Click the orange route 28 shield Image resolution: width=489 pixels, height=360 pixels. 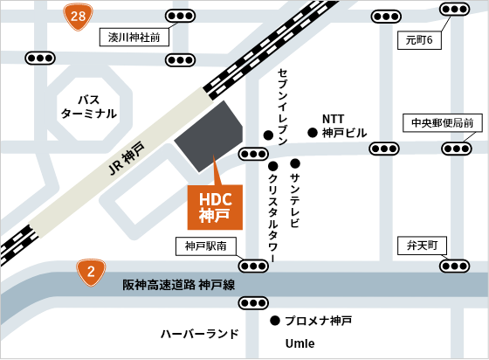(78, 16)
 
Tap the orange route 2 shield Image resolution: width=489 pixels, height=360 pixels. (91, 272)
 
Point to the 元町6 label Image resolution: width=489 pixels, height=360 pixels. (420, 40)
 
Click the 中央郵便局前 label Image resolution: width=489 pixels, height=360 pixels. (443, 123)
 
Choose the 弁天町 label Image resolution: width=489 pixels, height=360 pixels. (422, 246)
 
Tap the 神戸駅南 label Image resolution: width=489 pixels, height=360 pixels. (205, 246)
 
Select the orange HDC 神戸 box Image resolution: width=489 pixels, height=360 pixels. (215, 207)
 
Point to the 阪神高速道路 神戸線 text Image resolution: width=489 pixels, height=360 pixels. (178, 285)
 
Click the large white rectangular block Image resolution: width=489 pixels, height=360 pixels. (341, 198)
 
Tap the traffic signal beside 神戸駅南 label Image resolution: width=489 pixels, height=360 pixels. (253, 266)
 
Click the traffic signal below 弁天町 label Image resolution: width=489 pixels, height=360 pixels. (454, 266)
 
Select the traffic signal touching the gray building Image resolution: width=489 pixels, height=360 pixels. (253, 154)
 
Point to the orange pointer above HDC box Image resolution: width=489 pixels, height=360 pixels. (215, 170)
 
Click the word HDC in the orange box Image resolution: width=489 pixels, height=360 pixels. (215, 199)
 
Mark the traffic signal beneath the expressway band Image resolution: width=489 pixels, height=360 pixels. (253, 303)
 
